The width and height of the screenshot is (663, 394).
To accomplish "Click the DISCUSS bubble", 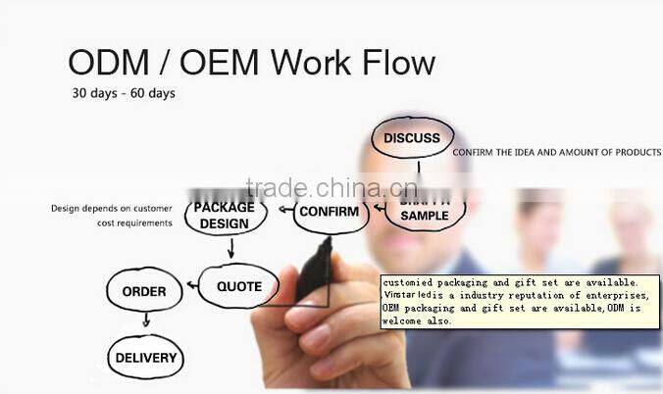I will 412,138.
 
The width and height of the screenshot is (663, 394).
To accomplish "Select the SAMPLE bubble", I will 425,215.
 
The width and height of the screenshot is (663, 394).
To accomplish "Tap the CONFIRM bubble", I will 331,212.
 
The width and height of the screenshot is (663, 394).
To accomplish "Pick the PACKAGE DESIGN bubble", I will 225,216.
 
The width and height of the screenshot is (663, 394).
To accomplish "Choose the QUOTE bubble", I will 239,287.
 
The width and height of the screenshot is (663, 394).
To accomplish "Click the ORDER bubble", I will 144,291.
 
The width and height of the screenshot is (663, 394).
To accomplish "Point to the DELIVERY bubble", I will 145,358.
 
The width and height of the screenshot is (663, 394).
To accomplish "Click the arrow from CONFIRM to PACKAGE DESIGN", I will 283,210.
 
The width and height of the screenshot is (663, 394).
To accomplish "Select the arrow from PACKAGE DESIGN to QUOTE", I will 230,250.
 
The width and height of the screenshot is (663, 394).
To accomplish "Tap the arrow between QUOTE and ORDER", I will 189,289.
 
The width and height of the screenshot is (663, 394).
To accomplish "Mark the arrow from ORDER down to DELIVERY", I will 146,320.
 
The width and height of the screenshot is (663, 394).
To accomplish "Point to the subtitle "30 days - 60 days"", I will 124,94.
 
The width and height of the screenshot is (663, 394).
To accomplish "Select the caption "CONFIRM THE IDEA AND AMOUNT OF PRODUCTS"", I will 556,153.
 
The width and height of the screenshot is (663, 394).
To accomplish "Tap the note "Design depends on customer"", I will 112,209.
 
